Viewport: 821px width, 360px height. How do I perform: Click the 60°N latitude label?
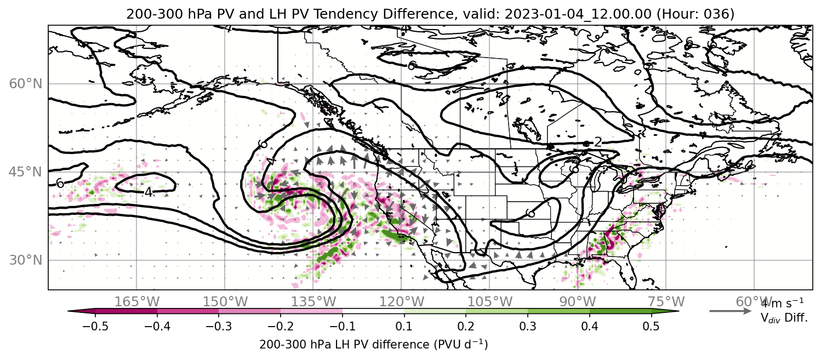click(x=26, y=84)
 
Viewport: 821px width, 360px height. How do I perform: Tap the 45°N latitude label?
click(x=26, y=172)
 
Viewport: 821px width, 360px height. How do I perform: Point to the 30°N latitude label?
click(x=26, y=260)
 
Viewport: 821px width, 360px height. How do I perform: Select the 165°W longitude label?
click(x=136, y=302)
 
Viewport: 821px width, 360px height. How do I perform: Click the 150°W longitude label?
click(x=225, y=302)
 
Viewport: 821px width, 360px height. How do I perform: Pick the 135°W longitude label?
click(x=313, y=302)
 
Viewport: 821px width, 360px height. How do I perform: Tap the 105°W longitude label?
click(x=489, y=302)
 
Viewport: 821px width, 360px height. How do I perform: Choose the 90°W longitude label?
click(x=578, y=302)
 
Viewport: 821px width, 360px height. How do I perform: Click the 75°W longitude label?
click(x=666, y=302)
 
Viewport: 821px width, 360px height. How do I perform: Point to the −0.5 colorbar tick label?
click(x=95, y=326)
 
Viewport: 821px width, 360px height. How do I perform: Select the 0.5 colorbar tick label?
click(x=651, y=326)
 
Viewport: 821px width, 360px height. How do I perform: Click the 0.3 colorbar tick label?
click(x=528, y=326)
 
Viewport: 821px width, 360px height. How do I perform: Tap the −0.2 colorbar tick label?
click(x=281, y=326)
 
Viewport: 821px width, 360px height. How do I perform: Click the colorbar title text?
click(x=373, y=345)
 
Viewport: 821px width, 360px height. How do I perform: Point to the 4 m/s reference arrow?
click(x=731, y=311)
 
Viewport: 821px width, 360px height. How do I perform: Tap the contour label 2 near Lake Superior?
click(x=598, y=142)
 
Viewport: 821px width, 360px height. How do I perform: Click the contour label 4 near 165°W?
click(x=148, y=192)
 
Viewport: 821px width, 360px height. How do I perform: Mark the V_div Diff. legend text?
click(x=784, y=318)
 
